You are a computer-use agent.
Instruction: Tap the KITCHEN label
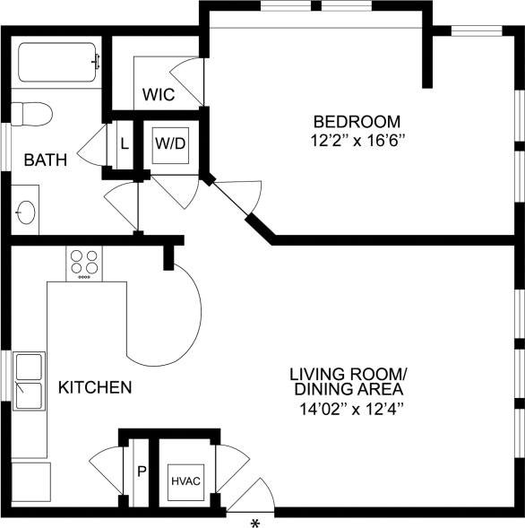click(95, 388)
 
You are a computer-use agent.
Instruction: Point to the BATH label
click(45, 160)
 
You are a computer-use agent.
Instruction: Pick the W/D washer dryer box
click(169, 143)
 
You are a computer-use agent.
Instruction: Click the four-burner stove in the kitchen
click(84, 263)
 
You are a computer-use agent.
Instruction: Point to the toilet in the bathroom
click(29, 114)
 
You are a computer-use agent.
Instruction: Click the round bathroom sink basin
click(25, 212)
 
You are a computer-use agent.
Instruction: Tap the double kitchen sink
click(29, 381)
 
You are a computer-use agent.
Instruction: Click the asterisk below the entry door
click(254, 521)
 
